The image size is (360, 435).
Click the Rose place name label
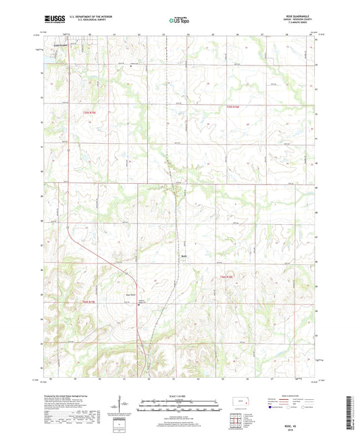[183, 256]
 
